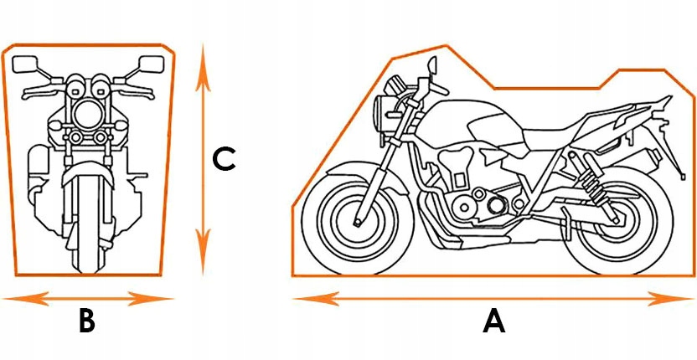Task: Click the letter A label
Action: pyautogui.click(x=494, y=321)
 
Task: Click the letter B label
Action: pyautogui.click(x=87, y=321)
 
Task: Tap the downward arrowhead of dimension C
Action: pyautogui.click(x=203, y=251)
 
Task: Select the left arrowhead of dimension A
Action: pyautogui.click(x=317, y=299)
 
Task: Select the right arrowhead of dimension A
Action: pyautogui.click(x=670, y=299)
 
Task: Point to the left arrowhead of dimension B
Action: pyautogui.click(x=26, y=299)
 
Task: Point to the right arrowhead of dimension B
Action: pyautogui.click(x=150, y=299)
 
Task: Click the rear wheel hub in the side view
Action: pyautogui.click(x=616, y=219)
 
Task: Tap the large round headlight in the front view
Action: pyautogui.click(x=88, y=114)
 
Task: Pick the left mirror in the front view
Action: pyautogui.click(x=25, y=64)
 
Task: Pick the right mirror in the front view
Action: pyautogui.click(x=152, y=64)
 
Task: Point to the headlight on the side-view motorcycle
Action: pyautogui.click(x=382, y=113)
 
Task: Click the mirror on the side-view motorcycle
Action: pyautogui.click(x=432, y=65)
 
